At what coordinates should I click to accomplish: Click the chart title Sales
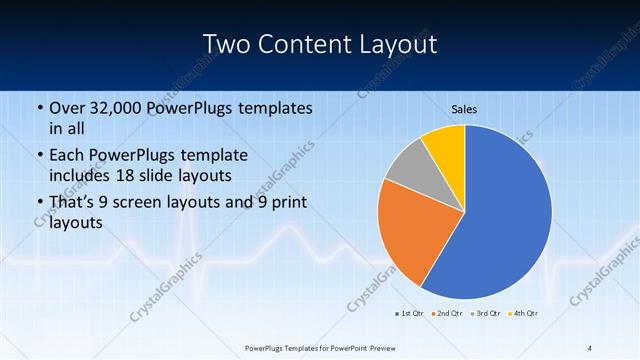click(464, 109)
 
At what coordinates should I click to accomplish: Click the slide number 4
click(590, 347)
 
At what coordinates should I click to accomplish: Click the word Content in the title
click(303, 44)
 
